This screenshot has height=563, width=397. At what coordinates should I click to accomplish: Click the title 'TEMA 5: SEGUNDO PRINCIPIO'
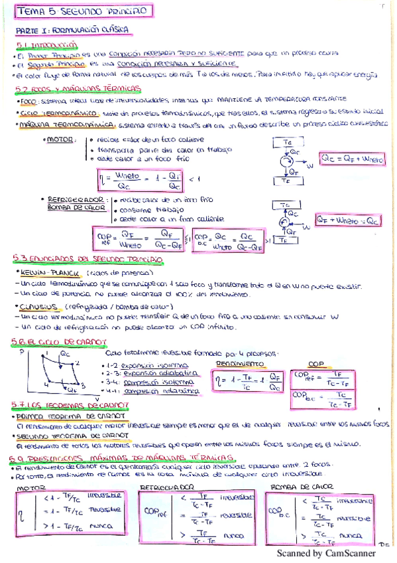click(84, 12)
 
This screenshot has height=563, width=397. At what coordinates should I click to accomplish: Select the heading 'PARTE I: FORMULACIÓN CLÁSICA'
click(72, 31)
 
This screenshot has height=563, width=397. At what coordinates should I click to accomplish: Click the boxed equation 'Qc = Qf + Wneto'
click(351, 159)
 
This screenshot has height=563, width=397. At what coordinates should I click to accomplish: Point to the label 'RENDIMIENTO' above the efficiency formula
click(235, 364)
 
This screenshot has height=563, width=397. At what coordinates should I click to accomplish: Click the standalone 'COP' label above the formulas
click(317, 364)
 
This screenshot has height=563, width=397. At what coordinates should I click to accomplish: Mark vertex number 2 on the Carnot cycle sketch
click(77, 362)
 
